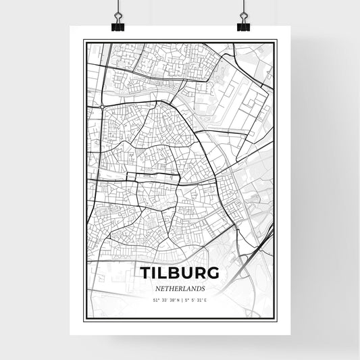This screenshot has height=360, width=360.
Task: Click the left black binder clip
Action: point(118,26)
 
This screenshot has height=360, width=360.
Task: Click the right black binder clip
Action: point(242,26)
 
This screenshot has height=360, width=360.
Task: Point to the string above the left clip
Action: point(118,7)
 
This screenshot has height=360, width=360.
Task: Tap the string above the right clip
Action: point(242,7)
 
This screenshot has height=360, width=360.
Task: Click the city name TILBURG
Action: point(180,273)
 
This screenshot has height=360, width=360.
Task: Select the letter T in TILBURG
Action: point(145,273)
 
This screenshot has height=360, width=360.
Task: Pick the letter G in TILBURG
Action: point(212,273)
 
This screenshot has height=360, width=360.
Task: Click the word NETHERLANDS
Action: point(180,288)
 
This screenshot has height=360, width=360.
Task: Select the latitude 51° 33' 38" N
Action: point(165,299)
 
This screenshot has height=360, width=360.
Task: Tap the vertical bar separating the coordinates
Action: point(180,299)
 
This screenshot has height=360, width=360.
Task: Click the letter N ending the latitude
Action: point(176,299)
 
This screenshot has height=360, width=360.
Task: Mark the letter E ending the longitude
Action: point(206,299)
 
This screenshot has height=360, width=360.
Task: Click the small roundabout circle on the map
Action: point(101,107)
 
